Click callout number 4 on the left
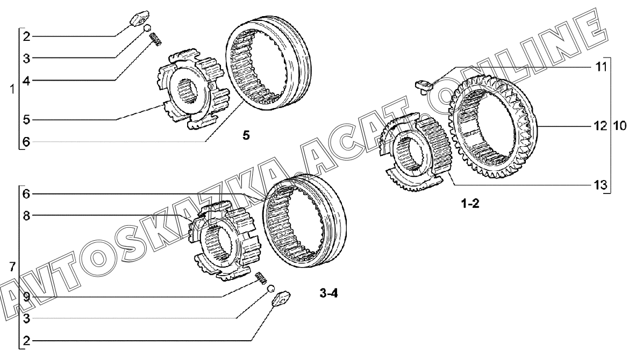[x=26, y=81]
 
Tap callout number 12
[x=601, y=126]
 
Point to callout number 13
[x=601, y=185]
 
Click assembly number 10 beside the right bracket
[x=619, y=126]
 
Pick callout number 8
[x=26, y=215]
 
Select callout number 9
[x=26, y=298]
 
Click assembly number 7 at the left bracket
[x=12, y=267]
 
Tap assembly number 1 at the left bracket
[x=12, y=89]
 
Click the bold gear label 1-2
[x=470, y=204]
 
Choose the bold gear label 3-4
[x=328, y=293]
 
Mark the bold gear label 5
[x=246, y=135]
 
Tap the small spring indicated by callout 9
[x=262, y=278]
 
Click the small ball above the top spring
[x=148, y=28]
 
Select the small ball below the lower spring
[x=271, y=289]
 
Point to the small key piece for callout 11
[x=422, y=85]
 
